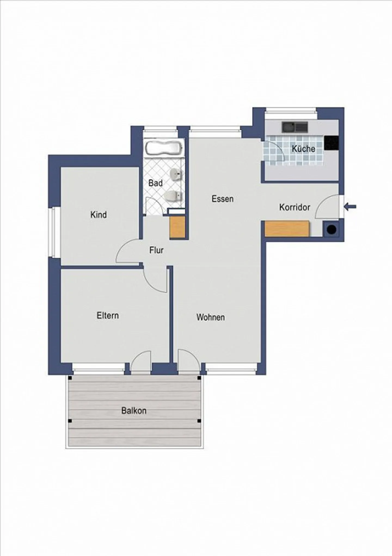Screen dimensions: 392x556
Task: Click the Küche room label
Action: (x=304, y=149)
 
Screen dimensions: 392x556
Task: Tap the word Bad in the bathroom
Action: (x=155, y=183)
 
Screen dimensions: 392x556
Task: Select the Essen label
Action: (x=222, y=199)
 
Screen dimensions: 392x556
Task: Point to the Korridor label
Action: (x=295, y=207)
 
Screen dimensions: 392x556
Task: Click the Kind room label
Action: (x=99, y=214)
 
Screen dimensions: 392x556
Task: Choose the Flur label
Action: (x=156, y=250)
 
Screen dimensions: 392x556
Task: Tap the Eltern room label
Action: (x=108, y=315)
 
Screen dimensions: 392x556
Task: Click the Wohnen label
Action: (x=210, y=317)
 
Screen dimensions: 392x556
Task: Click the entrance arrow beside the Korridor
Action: (x=350, y=207)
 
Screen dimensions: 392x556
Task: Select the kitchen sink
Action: (x=295, y=127)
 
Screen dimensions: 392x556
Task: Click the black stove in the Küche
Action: (x=332, y=143)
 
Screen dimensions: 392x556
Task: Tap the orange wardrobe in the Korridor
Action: (x=287, y=229)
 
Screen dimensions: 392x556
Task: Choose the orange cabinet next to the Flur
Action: (x=177, y=227)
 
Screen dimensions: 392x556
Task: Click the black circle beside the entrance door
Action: (x=332, y=230)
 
